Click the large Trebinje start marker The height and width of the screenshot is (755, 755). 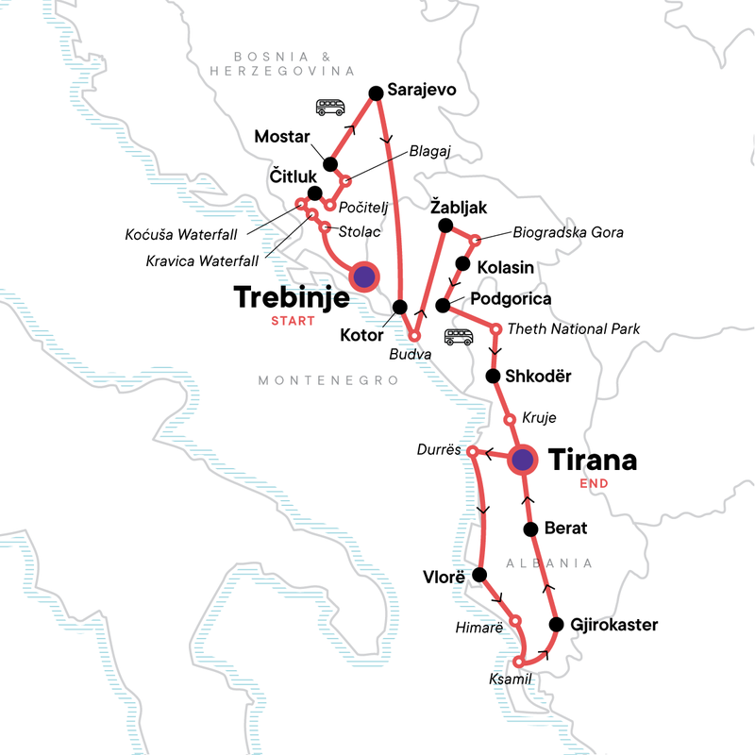(363, 277)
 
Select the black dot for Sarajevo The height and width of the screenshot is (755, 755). (376, 92)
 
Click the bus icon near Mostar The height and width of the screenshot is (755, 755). (330, 108)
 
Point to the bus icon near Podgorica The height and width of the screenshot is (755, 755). (459, 337)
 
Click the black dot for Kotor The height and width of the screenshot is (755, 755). (399, 307)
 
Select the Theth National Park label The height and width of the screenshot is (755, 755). (574, 329)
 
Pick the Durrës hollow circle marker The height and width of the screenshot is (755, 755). (472, 451)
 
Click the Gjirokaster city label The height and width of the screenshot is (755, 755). (615, 625)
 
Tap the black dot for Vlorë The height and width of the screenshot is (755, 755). (479, 575)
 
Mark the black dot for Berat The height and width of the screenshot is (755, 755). (530, 528)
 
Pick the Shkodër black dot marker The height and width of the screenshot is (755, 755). (492, 377)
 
